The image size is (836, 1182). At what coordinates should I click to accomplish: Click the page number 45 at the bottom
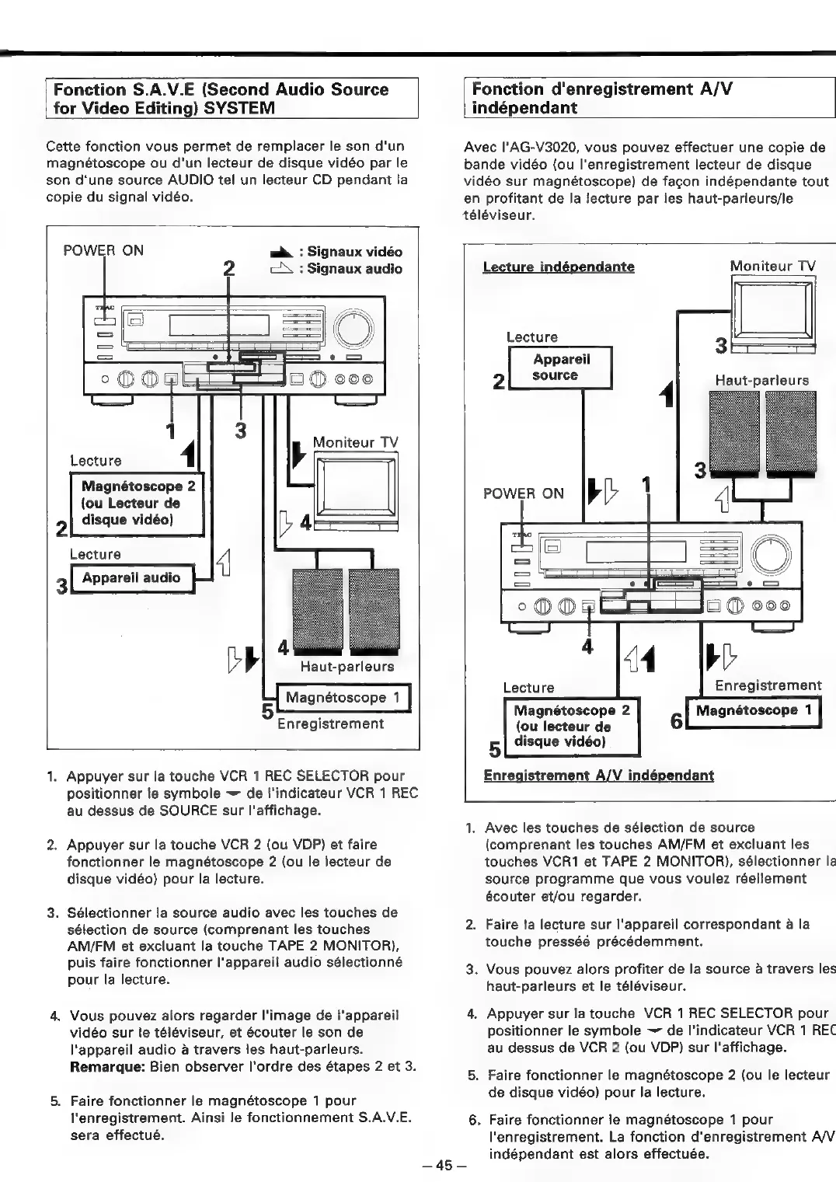click(x=443, y=1165)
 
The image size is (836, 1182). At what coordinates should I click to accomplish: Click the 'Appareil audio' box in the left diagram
click(x=131, y=578)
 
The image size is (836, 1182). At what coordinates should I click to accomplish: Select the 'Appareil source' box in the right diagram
click(x=560, y=368)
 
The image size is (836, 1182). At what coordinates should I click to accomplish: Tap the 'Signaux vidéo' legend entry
click(x=354, y=252)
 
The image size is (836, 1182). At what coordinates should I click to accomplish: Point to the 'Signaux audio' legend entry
click(x=354, y=269)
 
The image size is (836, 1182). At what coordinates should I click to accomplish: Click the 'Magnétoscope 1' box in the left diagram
click(x=343, y=697)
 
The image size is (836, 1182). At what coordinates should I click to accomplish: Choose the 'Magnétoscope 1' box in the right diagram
click(x=754, y=710)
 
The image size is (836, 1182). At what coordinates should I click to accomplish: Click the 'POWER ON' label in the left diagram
click(x=103, y=250)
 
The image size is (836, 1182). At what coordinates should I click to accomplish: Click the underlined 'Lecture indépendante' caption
click(x=558, y=267)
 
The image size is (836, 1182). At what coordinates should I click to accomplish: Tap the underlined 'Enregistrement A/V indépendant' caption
click(x=598, y=776)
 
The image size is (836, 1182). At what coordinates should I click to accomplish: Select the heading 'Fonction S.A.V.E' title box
click(x=232, y=98)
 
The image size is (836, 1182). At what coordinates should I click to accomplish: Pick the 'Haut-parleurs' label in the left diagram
click(x=347, y=667)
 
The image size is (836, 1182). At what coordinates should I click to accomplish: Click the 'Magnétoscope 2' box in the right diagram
click(x=572, y=726)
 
